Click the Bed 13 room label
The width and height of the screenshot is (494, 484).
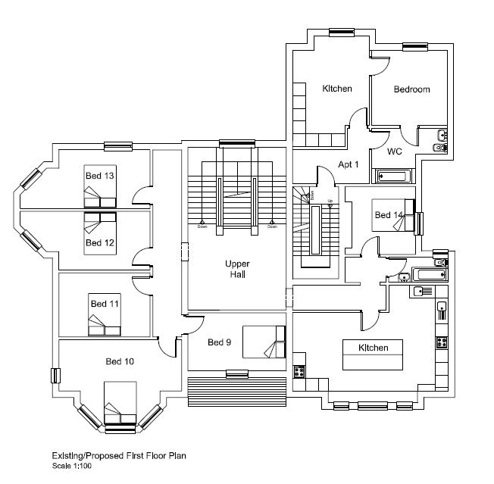point(98,176)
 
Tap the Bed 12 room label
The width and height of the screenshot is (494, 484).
point(98,242)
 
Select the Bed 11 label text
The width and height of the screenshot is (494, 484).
point(105,303)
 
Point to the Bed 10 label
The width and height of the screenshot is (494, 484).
point(120,361)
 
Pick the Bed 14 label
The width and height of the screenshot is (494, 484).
point(389,215)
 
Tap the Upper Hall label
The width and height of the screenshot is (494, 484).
point(236,268)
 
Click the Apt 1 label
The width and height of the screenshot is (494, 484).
point(349,164)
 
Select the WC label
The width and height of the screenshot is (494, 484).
point(394,151)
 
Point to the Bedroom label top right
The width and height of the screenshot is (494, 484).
point(411,89)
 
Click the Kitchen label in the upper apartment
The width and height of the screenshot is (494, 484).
point(336,89)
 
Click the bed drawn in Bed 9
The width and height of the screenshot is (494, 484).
point(264,342)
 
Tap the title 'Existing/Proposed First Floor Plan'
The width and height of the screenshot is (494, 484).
point(118,456)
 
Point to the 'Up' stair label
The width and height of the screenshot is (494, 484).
point(330,201)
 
